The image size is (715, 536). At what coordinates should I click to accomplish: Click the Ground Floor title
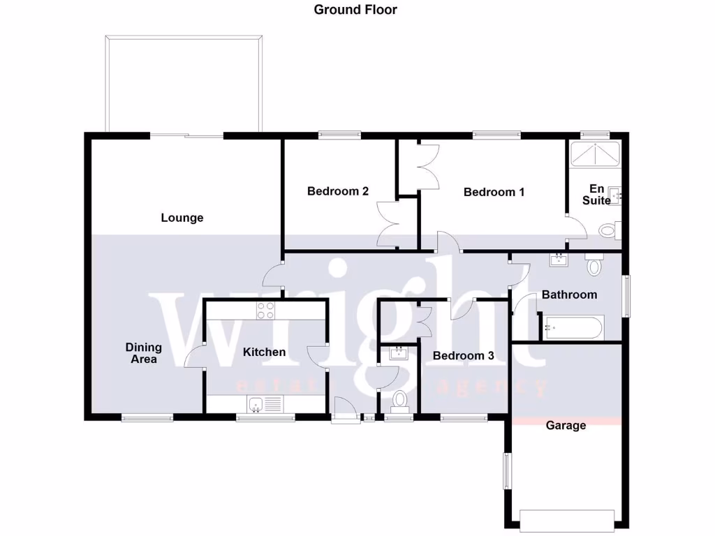355,10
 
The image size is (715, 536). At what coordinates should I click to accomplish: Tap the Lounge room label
182,218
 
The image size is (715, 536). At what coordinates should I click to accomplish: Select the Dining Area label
144,353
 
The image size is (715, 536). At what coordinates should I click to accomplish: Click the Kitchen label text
264,352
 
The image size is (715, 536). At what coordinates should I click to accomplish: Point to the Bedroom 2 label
338,191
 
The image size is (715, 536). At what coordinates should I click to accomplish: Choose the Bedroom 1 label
494,192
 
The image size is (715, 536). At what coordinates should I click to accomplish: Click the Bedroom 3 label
464,356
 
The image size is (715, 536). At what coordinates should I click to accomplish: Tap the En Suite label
598,195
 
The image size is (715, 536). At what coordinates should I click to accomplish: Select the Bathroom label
569,295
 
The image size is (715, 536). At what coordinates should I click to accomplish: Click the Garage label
566,425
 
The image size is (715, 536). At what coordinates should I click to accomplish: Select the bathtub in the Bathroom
573,327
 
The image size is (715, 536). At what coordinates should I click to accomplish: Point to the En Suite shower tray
596,154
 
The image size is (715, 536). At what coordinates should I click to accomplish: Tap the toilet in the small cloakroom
399,400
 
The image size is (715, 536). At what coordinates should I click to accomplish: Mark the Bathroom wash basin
559,260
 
